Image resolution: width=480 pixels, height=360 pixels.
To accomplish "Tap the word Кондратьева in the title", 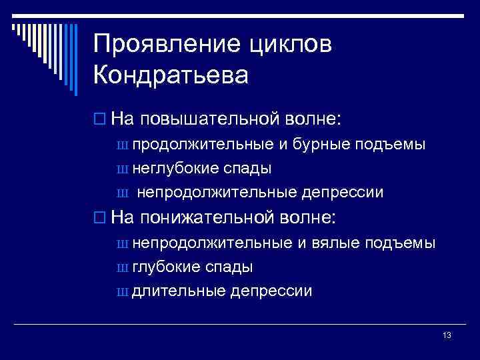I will point(171,74).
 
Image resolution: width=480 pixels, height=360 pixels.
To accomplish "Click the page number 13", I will point(447,335).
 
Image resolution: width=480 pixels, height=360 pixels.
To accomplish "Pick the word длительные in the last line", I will point(178,291).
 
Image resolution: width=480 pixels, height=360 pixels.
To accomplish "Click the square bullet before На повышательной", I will point(99,120).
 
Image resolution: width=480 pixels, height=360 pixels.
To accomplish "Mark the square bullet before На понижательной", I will point(99,218).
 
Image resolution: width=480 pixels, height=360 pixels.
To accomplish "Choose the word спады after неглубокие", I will point(253,169).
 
